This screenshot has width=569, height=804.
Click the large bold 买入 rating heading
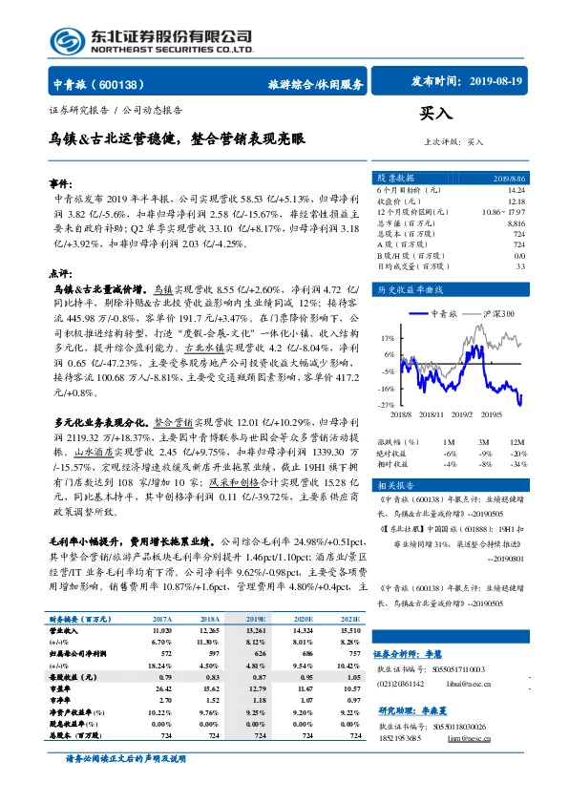[434, 113]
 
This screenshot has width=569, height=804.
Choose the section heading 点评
[60, 272]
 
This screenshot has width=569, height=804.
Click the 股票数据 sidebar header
[396, 179]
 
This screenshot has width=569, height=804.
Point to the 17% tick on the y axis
[388, 338]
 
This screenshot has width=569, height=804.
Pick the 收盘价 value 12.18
[516, 201]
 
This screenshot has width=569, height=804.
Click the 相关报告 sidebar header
[394, 485]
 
